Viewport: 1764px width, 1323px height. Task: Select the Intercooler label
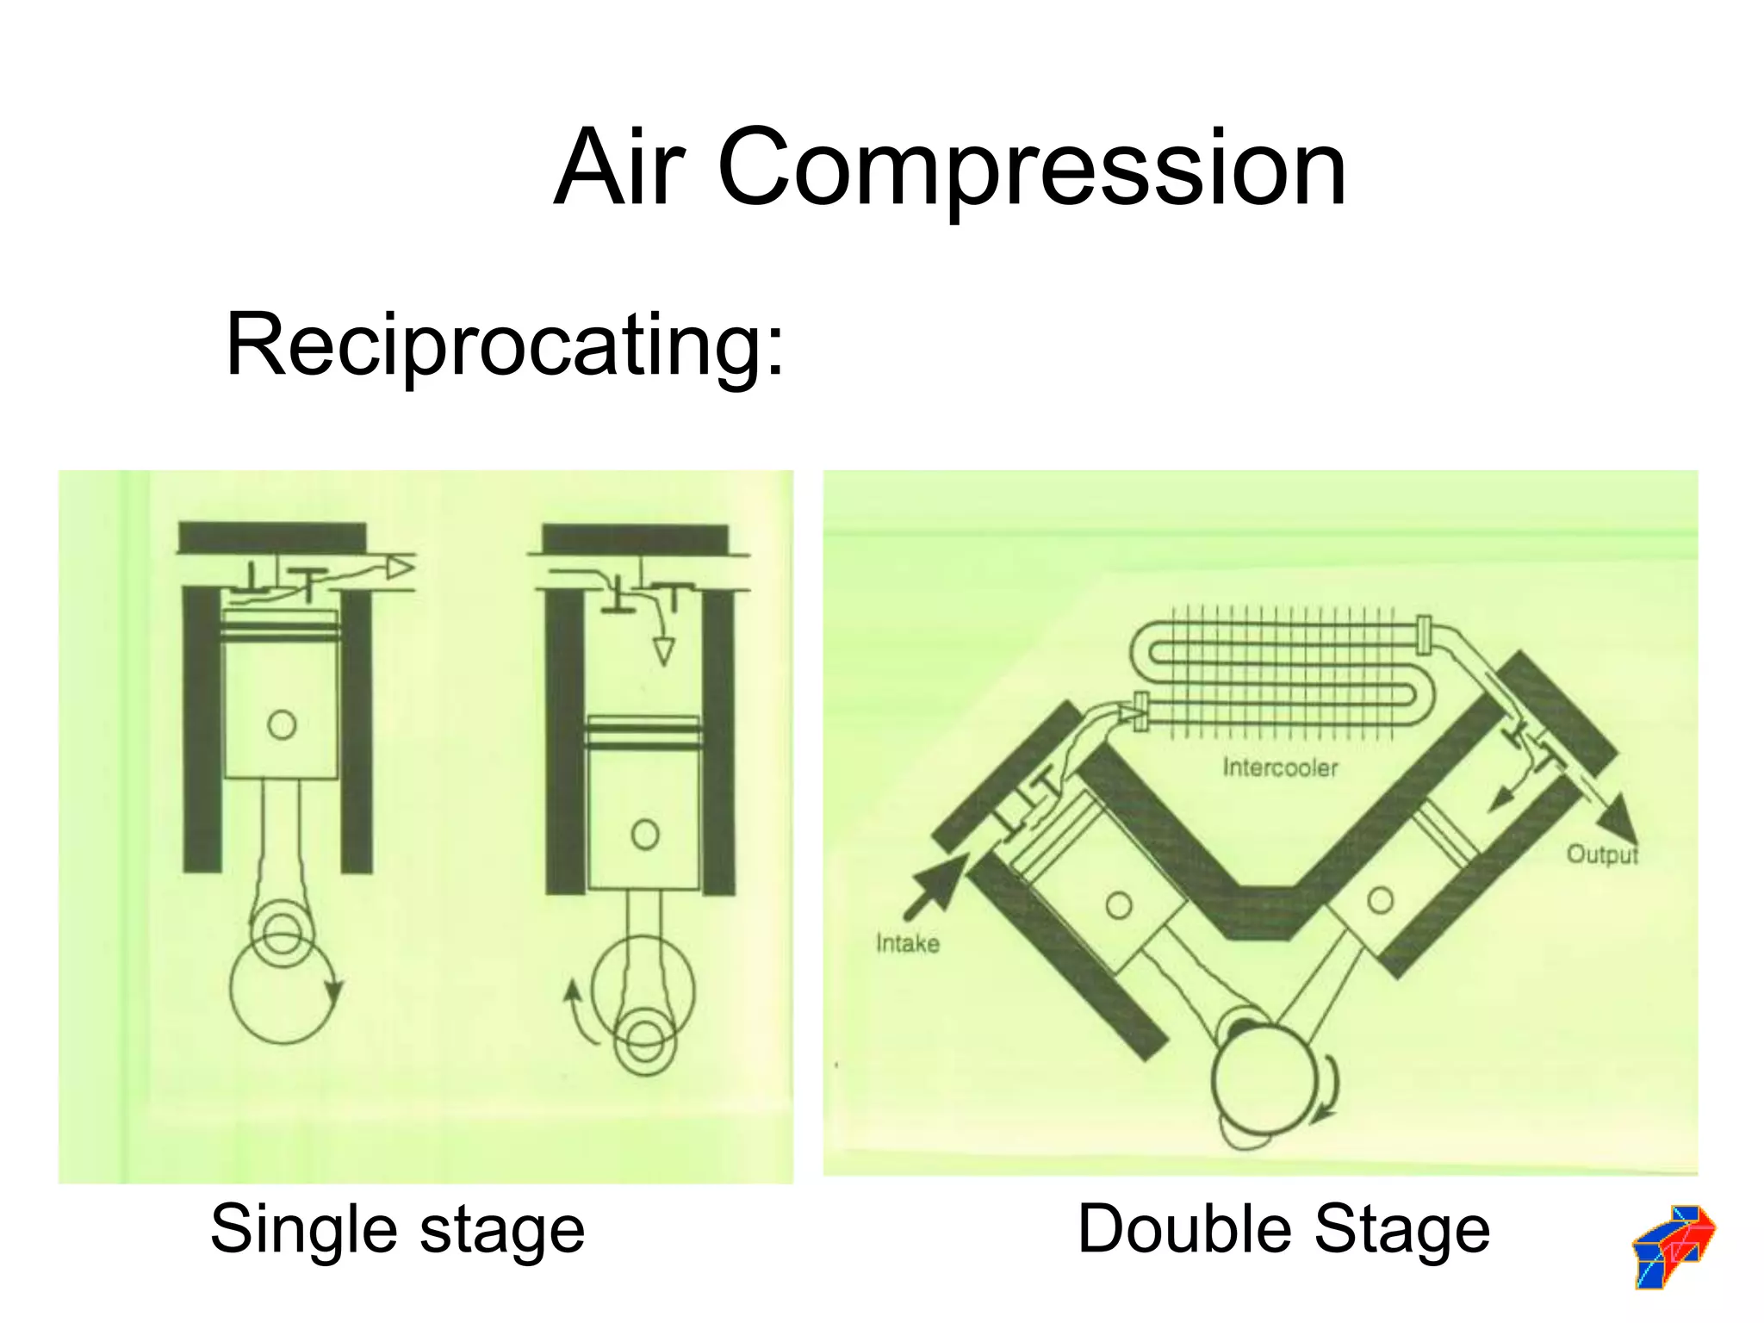pos(1280,767)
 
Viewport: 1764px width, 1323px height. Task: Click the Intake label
pos(907,944)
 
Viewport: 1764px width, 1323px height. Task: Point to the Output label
pos(1601,854)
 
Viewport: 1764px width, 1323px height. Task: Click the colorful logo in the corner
pos(1673,1246)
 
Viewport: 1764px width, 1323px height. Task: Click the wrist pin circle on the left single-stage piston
pos(282,724)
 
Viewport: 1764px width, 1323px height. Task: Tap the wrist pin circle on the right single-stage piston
pos(644,834)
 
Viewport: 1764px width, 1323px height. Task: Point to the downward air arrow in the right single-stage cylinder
pos(663,650)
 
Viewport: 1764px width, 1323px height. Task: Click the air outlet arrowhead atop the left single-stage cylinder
pos(401,567)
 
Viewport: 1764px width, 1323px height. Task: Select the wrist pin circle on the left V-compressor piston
pos(1119,905)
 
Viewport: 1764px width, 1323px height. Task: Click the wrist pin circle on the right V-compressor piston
pos(1380,900)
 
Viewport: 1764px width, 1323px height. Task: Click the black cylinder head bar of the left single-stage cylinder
pos(272,537)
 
